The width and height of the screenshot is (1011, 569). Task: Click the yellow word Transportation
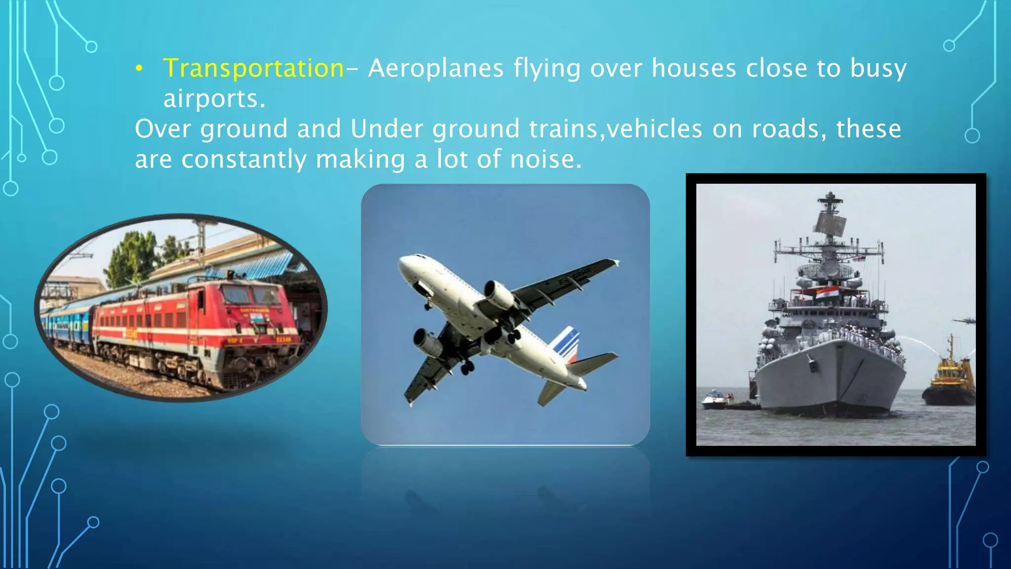tap(253, 68)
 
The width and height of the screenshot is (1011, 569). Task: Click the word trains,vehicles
tap(616, 129)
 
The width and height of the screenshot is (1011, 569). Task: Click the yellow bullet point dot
tap(139, 69)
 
